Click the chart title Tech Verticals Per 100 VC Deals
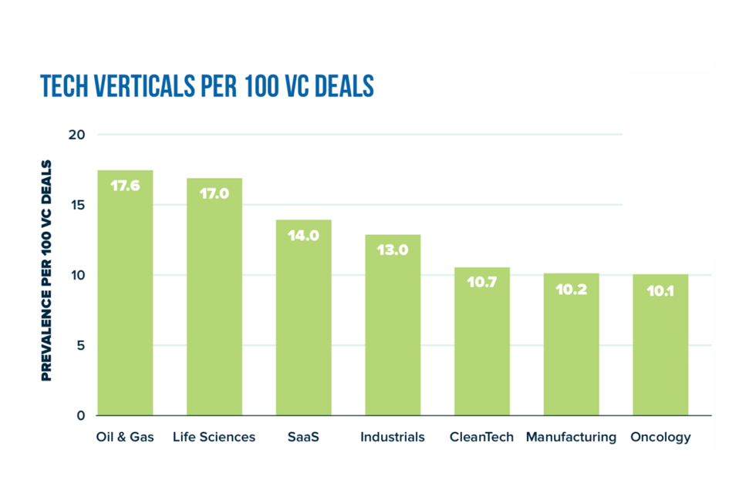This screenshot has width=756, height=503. (207, 87)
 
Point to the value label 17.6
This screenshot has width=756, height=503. (125, 186)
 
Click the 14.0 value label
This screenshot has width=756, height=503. (303, 236)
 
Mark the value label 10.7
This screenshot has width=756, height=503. (481, 283)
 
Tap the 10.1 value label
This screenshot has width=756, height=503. (660, 291)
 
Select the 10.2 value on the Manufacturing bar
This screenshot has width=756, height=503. (571, 290)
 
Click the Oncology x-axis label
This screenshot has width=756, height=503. (660, 438)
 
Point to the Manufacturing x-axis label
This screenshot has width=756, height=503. (571, 438)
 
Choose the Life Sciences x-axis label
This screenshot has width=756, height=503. (214, 438)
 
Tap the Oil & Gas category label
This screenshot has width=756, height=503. (125, 438)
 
